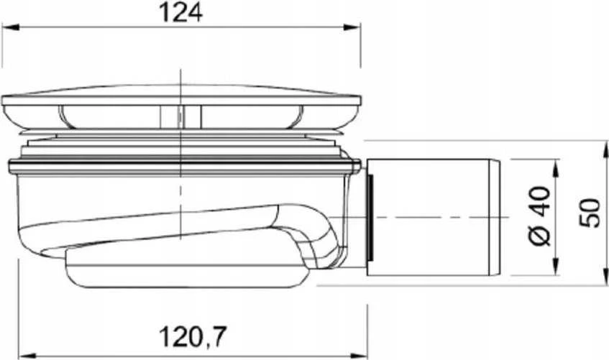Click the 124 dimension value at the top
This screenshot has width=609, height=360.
(x=181, y=14)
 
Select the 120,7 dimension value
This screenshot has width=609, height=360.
(x=192, y=336)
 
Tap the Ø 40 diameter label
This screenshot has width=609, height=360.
(x=540, y=216)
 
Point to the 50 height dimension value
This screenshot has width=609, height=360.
(x=590, y=213)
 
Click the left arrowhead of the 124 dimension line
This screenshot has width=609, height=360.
(x=11, y=27)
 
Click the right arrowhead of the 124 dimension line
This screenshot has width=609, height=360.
(x=352, y=27)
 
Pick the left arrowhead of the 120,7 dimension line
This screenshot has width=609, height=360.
(x=27, y=355)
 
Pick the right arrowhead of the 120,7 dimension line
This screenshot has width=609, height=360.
(x=359, y=354)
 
